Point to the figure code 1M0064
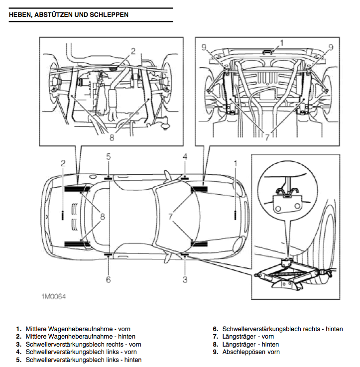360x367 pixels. tap(54, 297)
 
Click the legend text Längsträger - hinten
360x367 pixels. tap(250, 345)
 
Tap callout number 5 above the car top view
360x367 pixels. tap(108, 157)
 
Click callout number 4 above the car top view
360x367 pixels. tap(185, 157)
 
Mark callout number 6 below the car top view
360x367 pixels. tap(108, 279)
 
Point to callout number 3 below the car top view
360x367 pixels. tap(185, 279)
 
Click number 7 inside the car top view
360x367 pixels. tap(171, 217)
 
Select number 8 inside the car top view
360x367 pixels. tap(102, 216)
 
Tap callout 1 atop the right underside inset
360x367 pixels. tap(281, 43)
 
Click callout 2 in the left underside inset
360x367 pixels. tap(133, 50)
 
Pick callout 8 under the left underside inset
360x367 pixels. tap(112, 137)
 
